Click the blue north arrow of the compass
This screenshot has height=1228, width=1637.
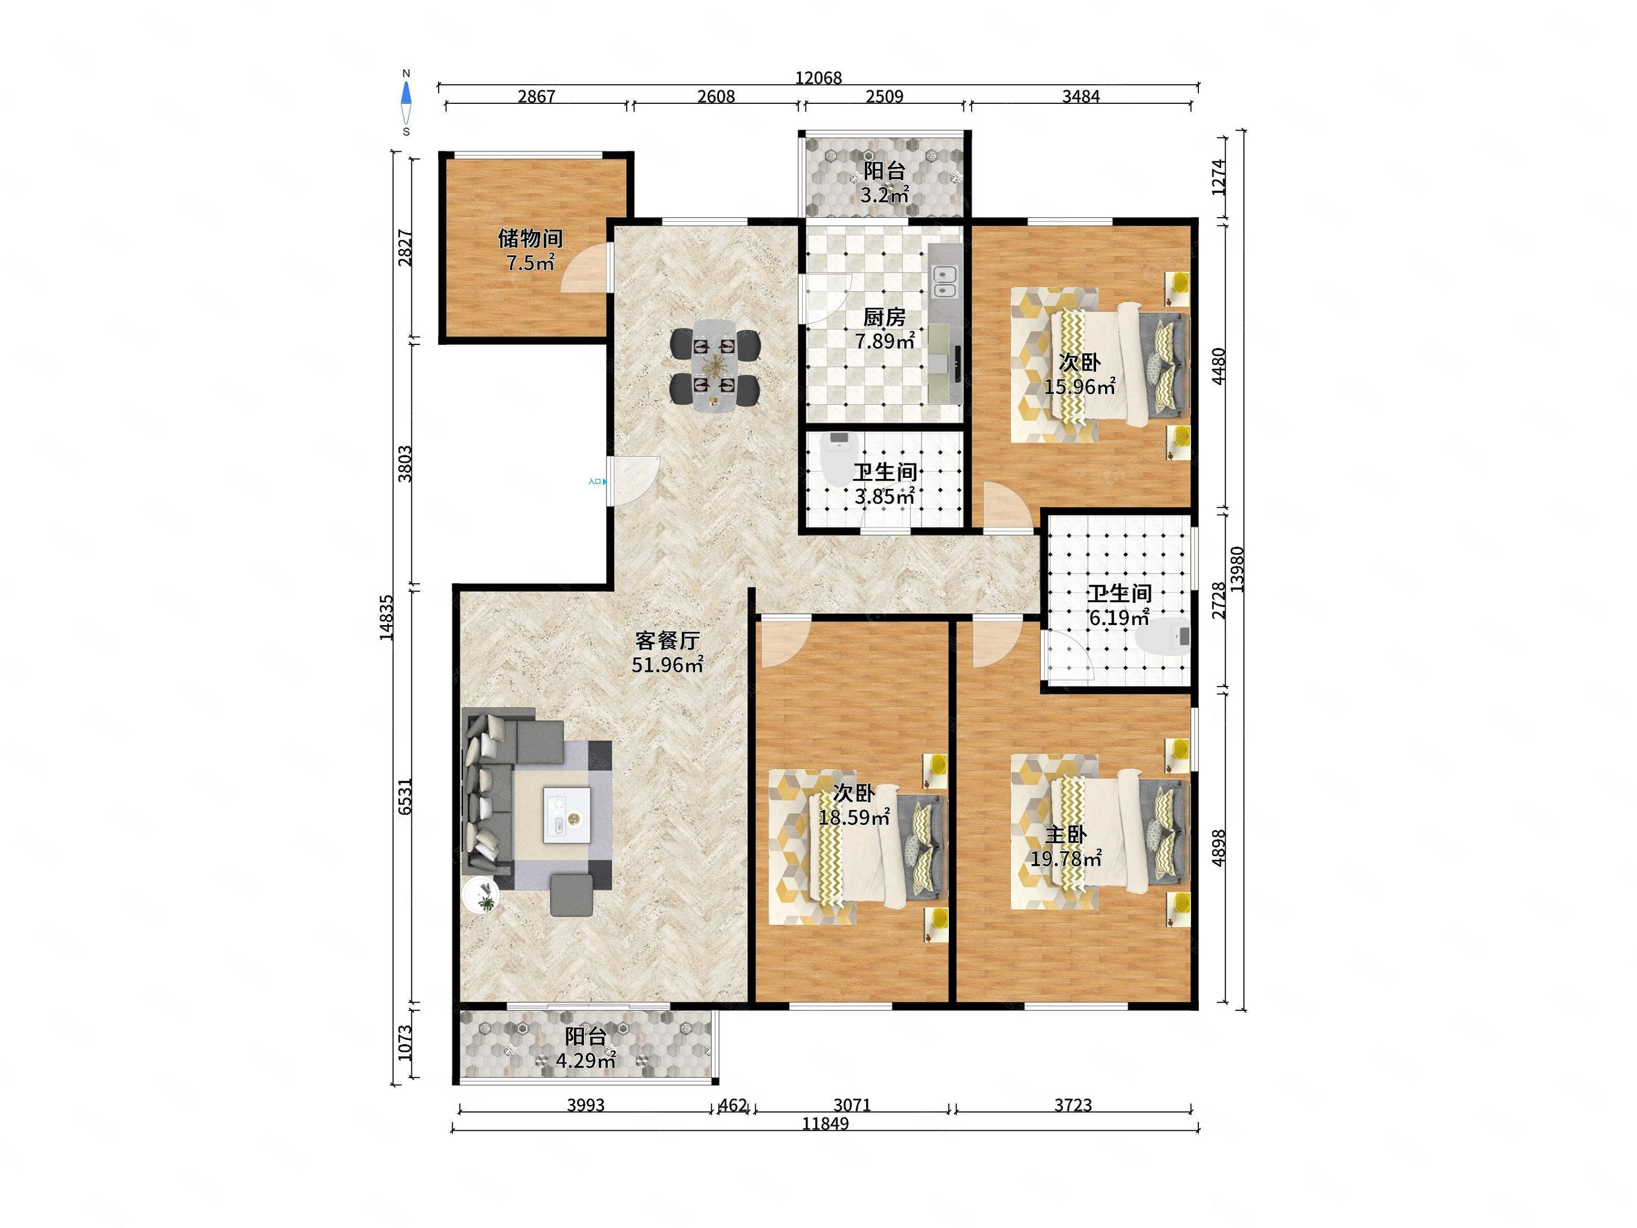[x=406, y=93]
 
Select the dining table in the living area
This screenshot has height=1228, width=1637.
[x=715, y=366]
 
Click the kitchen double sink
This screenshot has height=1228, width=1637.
[x=944, y=281]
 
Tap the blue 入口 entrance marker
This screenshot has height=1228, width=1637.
[x=597, y=482]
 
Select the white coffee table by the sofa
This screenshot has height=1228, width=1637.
[x=567, y=815]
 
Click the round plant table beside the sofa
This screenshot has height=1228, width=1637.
[x=481, y=896]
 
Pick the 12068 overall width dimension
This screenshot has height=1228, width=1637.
[x=818, y=78]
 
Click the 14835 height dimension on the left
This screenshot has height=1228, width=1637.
[x=386, y=617]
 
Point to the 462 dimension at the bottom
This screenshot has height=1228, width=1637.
[x=733, y=1105]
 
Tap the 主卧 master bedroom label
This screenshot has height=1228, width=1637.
[x=1065, y=835]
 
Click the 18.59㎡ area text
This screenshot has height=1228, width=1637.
[x=854, y=817]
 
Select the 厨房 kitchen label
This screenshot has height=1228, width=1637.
[x=885, y=318]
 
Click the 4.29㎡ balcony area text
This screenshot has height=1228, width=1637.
[x=585, y=1061]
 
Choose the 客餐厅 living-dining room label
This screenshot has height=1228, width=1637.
[x=668, y=640]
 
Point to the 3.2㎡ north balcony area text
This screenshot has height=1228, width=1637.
[x=885, y=195]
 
